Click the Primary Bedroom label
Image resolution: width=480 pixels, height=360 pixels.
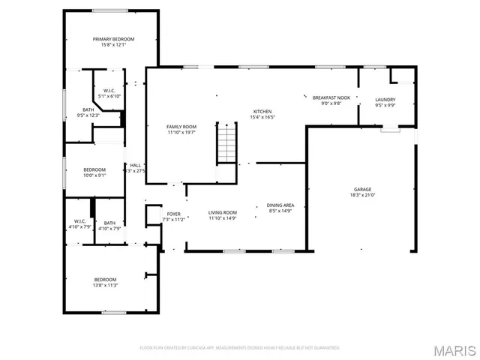pyautogui.click(x=113, y=39)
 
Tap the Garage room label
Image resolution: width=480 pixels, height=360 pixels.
pyautogui.click(x=363, y=189)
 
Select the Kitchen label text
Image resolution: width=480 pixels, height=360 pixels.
pyautogui.click(x=262, y=111)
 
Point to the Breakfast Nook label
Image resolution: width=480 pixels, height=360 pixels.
pyautogui.click(x=331, y=97)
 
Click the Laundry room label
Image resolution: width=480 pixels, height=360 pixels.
pyautogui.click(x=385, y=100)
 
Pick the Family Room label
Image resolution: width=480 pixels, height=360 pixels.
pyautogui.click(x=181, y=127)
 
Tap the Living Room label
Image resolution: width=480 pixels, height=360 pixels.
pyautogui.click(x=223, y=213)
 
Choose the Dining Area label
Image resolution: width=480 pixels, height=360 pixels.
pyautogui.click(x=280, y=205)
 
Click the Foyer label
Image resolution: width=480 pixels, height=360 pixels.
pyautogui.click(x=174, y=214)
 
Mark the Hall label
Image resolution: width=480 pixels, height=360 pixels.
pyautogui.click(x=136, y=165)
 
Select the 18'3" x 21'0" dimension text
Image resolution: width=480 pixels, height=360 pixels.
pyautogui.click(x=363, y=195)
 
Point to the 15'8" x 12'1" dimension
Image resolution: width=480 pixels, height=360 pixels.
pyautogui.click(x=113, y=45)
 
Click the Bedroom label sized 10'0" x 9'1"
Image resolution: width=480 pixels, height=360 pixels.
pyautogui.click(x=94, y=169)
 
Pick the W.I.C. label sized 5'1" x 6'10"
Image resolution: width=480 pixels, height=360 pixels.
pyautogui.click(x=109, y=91)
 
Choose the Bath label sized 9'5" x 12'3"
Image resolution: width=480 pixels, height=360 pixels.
pyautogui.click(x=88, y=109)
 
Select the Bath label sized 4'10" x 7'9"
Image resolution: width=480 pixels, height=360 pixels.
pyautogui.click(x=109, y=223)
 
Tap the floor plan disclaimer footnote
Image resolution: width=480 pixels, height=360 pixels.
pyautogui.click(x=240, y=348)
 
